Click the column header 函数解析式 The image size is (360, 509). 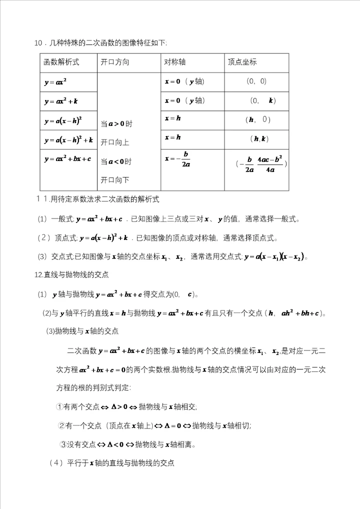click(x=61, y=62)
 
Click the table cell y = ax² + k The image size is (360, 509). click(x=60, y=101)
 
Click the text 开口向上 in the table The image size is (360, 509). click(x=115, y=142)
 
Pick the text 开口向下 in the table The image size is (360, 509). click(x=115, y=179)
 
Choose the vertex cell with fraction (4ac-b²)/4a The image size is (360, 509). click(x=262, y=164)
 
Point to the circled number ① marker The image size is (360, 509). click(x=59, y=406)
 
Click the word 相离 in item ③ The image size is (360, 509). click(x=186, y=444)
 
